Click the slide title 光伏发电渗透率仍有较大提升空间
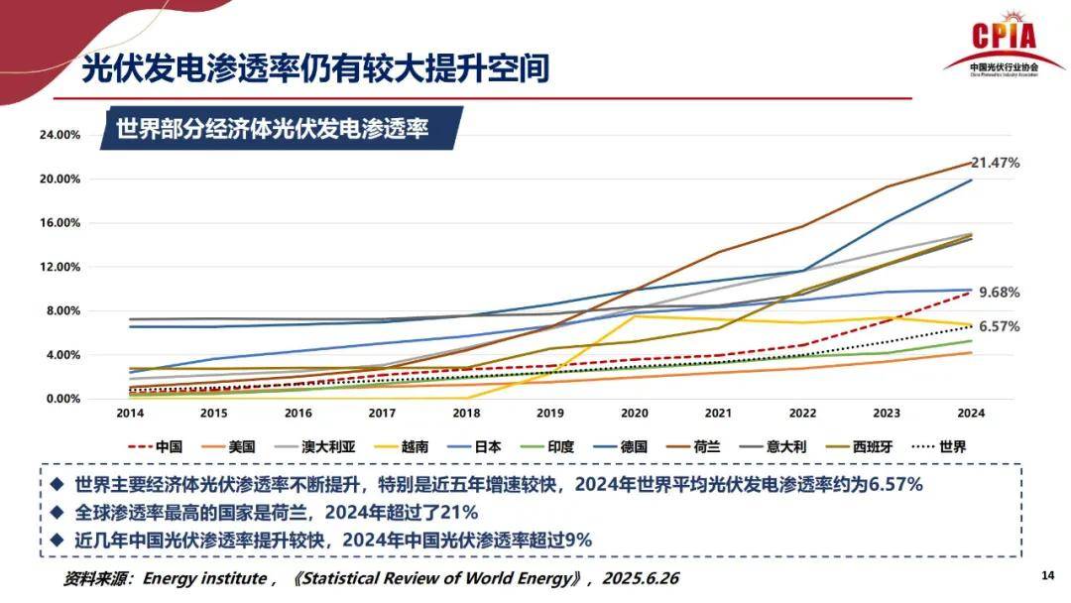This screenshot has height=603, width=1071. [x=314, y=69]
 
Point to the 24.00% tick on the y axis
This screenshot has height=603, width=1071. [x=59, y=135]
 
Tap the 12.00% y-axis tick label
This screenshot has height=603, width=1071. [x=59, y=267]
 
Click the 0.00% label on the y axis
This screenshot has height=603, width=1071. [x=61, y=399]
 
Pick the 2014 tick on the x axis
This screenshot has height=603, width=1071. [x=130, y=414]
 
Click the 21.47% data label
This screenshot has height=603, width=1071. [x=995, y=162]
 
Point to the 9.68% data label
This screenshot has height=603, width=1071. [x=999, y=293]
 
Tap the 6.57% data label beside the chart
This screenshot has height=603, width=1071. [x=999, y=326]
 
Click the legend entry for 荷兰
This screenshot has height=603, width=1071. [x=693, y=446]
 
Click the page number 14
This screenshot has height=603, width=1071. [x=1047, y=576]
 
